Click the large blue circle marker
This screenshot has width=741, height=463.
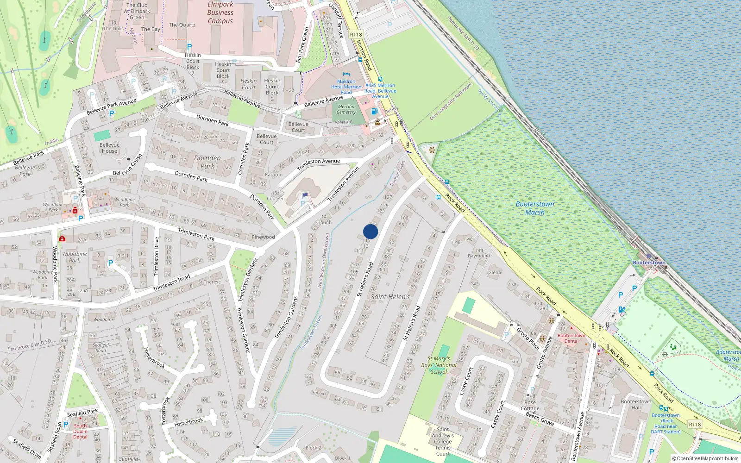pyautogui.click(x=370, y=231)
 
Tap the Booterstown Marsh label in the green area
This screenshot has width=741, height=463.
pyautogui.click(x=535, y=208)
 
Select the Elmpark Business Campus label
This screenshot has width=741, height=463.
pyautogui.click(x=220, y=13)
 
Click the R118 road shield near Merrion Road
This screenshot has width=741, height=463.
pyautogui.click(x=356, y=35)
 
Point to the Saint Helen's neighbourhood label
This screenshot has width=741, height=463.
pyautogui.click(x=390, y=297)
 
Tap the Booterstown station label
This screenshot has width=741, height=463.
pyautogui.click(x=649, y=263)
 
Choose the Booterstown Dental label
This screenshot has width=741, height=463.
pyautogui.click(x=571, y=338)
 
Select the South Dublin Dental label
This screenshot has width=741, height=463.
pyautogui.click(x=80, y=431)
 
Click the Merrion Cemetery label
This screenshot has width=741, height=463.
pyautogui.click(x=346, y=109)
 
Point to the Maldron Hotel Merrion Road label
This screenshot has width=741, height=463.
pyautogui.click(x=346, y=87)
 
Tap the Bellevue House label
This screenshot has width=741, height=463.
pyautogui.click(x=109, y=148)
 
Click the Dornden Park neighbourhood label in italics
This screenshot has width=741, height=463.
pyautogui.click(x=207, y=162)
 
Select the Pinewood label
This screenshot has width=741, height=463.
pyautogui.click(x=263, y=237)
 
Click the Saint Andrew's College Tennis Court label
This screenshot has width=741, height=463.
pyautogui.click(x=443, y=441)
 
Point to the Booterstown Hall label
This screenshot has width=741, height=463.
pyautogui.click(x=636, y=404)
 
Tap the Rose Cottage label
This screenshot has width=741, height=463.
pyautogui.click(x=530, y=406)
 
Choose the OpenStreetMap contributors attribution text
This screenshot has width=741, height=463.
pyautogui.click(x=705, y=458)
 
